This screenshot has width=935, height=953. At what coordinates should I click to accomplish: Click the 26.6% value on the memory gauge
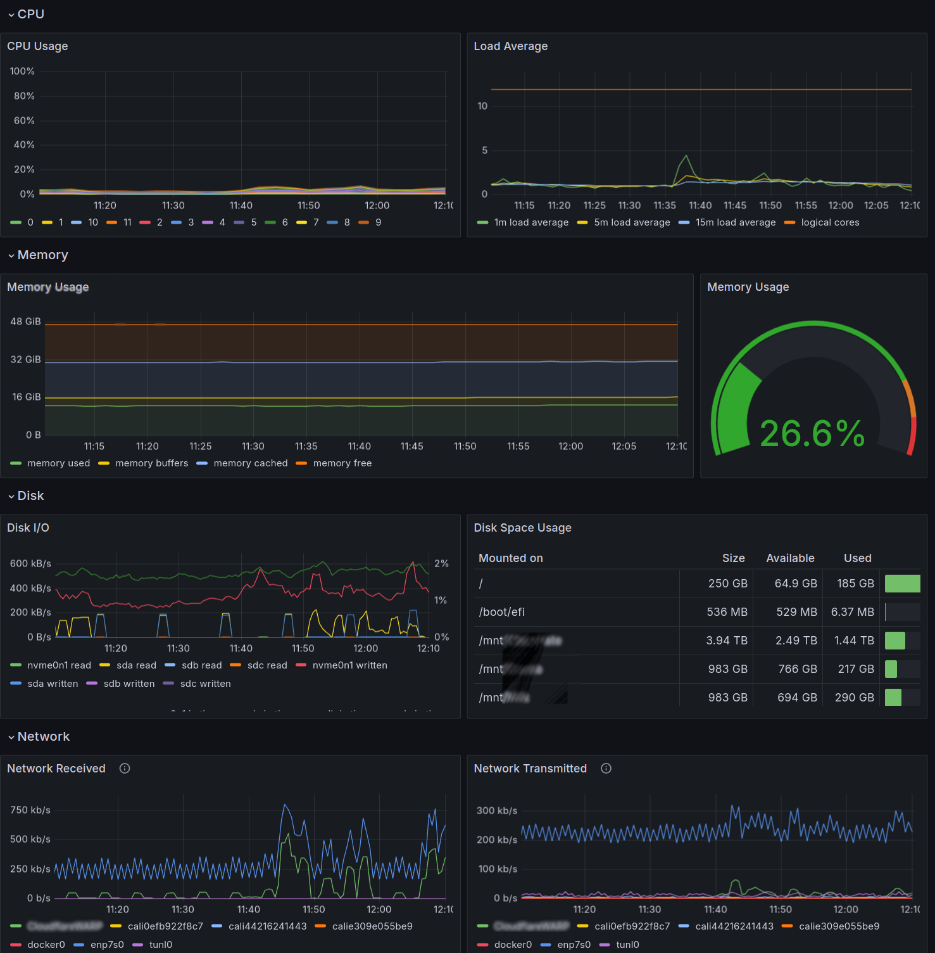click(x=812, y=434)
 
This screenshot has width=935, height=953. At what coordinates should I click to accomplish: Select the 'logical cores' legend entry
click(x=830, y=222)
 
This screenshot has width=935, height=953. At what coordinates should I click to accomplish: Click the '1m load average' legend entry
click(x=531, y=222)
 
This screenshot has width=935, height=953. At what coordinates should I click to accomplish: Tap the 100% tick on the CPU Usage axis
click(x=22, y=72)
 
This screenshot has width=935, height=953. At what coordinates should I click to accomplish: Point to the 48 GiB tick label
click(x=25, y=322)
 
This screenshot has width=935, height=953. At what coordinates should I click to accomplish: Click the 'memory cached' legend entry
click(x=250, y=463)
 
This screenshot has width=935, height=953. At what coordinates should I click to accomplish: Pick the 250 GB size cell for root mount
click(x=727, y=584)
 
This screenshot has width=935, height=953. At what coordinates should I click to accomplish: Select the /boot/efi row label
click(x=501, y=612)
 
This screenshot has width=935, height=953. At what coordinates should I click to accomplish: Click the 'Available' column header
click(x=790, y=558)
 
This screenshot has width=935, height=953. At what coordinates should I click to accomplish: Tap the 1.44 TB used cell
click(x=854, y=641)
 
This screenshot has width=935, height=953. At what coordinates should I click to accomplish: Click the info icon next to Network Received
click(x=125, y=769)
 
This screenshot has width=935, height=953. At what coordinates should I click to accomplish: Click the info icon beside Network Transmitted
click(x=606, y=769)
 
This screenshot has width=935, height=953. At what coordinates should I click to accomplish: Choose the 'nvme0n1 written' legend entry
click(x=349, y=665)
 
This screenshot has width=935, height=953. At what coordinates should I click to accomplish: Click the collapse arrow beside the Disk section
click(x=11, y=497)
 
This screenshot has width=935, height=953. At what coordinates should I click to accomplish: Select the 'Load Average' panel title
click(x=510, y=46)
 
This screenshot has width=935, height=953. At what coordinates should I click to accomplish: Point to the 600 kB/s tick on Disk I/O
click(x=30, y=564)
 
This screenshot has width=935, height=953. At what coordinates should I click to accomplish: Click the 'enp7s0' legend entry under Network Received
click(x=107, y=945)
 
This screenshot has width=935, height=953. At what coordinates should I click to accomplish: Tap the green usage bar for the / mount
click(x=902, y=584)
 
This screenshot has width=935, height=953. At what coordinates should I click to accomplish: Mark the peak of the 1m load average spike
click(x=686, y=156)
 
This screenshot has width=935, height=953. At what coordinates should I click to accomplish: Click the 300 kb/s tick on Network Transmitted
click(x=496, y=811)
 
